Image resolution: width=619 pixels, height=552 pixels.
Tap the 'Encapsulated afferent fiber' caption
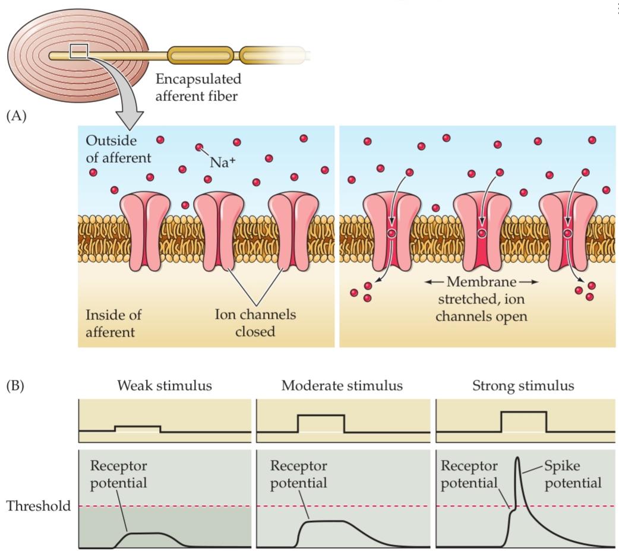198,87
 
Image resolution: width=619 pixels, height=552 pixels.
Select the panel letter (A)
17,116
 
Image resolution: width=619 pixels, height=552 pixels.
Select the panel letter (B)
17,385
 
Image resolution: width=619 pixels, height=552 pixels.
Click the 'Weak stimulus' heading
165,386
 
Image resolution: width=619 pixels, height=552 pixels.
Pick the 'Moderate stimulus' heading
342,386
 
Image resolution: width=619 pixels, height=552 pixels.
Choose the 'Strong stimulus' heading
523,386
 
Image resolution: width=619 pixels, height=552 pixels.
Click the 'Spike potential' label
572,474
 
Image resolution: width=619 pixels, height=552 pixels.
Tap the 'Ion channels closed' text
255,323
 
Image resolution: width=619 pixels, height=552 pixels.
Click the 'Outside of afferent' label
118,149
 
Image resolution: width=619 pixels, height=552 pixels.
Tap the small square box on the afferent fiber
79,52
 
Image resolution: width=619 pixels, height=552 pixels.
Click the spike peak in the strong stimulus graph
518,458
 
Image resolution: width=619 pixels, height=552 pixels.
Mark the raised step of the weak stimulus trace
137,427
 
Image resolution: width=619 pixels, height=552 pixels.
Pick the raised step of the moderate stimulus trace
321,415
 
